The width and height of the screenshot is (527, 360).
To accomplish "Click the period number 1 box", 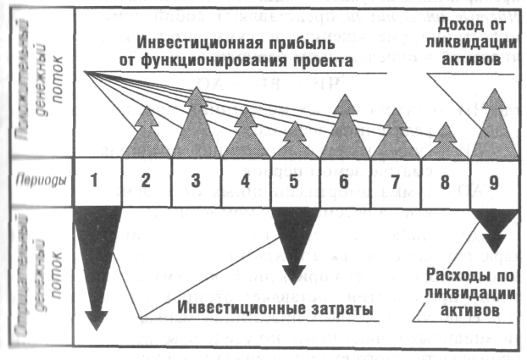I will click(x=96, y=180).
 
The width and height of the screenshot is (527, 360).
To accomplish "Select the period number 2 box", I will click(x=146, y=180).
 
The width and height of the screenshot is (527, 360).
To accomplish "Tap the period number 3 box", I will click(x=196, y=180).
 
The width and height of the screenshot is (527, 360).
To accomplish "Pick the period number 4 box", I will click(x=246, y=180).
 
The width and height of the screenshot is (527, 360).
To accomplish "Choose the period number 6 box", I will click(x=345, y=180).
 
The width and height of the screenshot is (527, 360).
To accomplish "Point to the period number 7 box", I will click(x=395, y=180).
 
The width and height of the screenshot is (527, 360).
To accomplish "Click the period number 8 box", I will click(x=445, y=180).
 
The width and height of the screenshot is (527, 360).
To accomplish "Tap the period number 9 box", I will click(x=494, y=180).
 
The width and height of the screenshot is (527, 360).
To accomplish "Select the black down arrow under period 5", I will click(x=294, y=237).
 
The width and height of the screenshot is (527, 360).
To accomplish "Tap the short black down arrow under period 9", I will click(x=494, y=220).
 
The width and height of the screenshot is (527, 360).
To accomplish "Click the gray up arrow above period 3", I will click(x=196, y=127).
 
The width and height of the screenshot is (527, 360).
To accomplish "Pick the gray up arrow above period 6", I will click(x=344, y=131).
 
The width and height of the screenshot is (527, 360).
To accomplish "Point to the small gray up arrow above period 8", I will click(x=445, y=144).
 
